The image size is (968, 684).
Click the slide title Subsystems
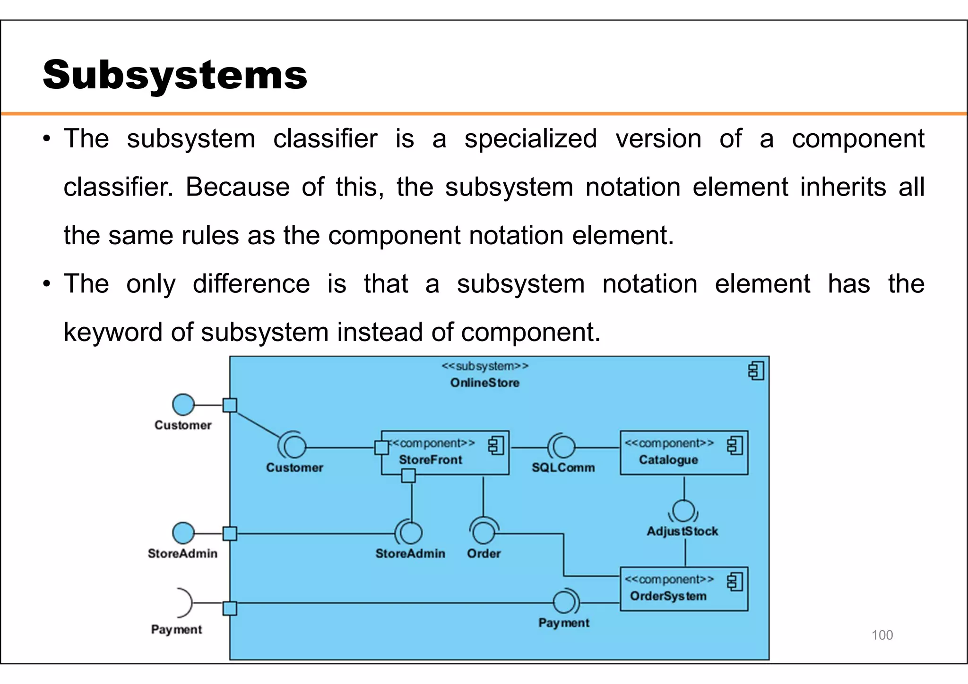(175, 75)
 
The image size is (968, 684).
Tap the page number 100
(882, 635)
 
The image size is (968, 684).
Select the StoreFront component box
(445, 453)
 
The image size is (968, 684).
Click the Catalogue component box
(683, 453)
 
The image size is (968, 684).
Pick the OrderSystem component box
(683, 589)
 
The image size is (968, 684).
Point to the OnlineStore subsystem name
(484, 383)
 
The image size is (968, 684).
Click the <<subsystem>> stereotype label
(484, 367)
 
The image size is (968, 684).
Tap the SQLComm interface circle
(564, 446)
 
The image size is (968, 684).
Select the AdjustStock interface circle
(683, 512)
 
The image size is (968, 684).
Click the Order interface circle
(484, 533)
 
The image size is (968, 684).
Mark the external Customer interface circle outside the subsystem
(183, 405)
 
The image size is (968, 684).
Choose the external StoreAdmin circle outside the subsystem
(183, 533)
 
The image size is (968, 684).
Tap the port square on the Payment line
(230, 608)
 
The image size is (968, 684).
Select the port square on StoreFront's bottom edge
(408, 476)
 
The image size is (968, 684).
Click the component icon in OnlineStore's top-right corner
(756, 371)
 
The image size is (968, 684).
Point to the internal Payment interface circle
(564, 602)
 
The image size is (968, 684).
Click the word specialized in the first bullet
(530, 139)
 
